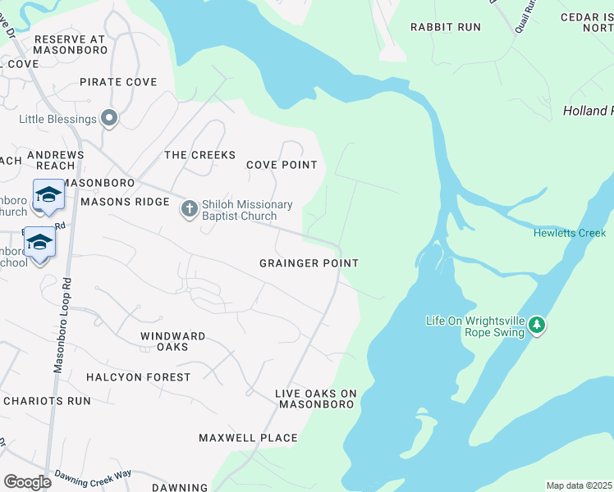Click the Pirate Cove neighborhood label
(118, 82)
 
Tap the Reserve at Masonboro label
(70, 45)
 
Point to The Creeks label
(199, 155)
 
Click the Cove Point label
(282, 165)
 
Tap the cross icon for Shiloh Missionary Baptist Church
(189, 209)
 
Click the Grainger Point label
(309, 263)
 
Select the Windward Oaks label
(172, 341)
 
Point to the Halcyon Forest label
(138, 377)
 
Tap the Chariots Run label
(47, 401)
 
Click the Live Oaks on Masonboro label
(316, 399)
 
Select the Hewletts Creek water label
(569, 233)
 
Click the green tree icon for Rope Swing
(537, 326)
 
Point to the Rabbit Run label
(446, 27)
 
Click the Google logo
(27, 481)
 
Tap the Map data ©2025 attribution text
(579, 485)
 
